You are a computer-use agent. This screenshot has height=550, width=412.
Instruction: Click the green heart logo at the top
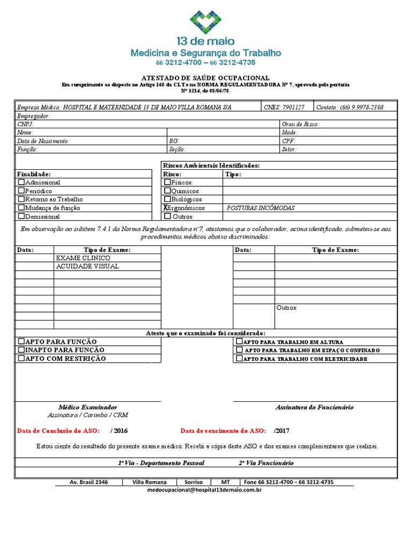pyautogui.click(x=205, y=21)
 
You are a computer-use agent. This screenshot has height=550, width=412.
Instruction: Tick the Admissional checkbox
pyautogui.click(x=21, y=183)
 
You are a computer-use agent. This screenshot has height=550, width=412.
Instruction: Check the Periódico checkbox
pyautogui.click(x=21, y=191)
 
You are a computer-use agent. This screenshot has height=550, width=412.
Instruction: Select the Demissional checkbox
pyautogui.click(x=21, y=216)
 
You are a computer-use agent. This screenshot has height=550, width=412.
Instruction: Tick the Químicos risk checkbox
pyautogui.click(x=167, y=191)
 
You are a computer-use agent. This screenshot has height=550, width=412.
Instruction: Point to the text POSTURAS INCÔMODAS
pyautogui.click(x=261, y=208)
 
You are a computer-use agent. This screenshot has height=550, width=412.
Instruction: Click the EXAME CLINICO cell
pyautogui.click(x=87, y=258)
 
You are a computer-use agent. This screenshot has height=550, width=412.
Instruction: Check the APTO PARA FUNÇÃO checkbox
pyautogui.click(x=21, y=341)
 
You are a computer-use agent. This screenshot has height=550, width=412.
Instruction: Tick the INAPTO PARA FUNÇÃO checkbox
pyautogui.click(x=21, y=350)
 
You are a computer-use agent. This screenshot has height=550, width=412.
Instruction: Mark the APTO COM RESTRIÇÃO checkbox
pyautogui.click(x=21, y=358)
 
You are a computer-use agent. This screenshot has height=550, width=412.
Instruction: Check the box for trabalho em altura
pyautogui.click(x=239, y=342)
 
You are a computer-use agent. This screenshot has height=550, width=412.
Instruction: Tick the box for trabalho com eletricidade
pyautogui.click(x=239, y=358)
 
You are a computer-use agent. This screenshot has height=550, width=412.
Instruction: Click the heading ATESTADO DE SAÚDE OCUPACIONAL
pyautogui.click(x=205, y=78)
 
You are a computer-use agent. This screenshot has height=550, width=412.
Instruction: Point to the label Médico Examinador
pyautogui.click(x=87, y=407)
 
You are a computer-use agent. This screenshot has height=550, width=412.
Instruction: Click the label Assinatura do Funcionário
pyautogui.click(x=314, y=407)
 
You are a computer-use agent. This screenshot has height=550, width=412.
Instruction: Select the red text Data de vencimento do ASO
pyautogui.click(x=223, y=431)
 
